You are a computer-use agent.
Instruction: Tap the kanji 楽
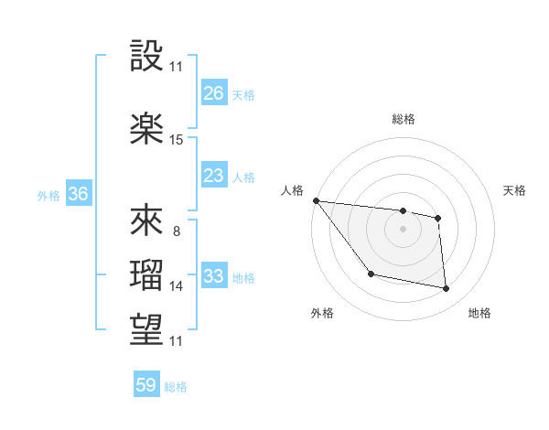148,128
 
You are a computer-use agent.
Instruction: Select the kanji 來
148,220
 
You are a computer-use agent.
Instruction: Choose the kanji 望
148,328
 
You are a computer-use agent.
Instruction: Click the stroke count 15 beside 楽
177,140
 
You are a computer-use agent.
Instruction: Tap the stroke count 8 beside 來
177,231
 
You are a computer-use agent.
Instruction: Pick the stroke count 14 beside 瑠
177,286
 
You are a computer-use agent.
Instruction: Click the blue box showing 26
214,93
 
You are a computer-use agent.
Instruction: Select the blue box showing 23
214,176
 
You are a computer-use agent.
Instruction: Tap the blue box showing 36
78,194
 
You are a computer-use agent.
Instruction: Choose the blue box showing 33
214,276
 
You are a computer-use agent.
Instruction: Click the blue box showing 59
146,385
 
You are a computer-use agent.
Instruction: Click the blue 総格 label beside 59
176,387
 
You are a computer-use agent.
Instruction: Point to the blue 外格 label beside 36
48,196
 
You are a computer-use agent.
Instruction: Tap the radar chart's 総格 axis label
403,119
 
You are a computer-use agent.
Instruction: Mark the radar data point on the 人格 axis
316,200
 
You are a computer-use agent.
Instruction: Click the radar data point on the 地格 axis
447,289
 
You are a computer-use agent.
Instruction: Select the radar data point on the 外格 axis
371,274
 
